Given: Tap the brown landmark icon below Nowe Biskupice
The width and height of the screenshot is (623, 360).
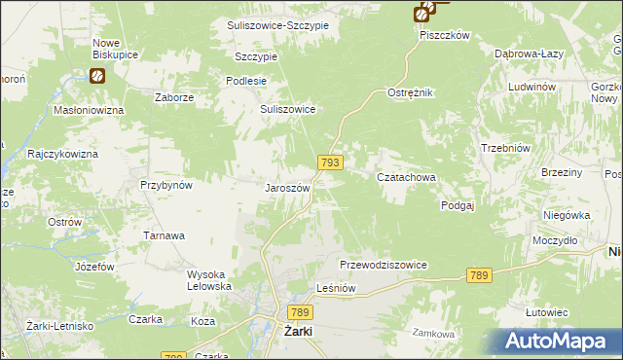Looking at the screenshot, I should coord(97,75).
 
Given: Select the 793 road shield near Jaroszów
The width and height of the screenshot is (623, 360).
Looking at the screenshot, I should coord(329,162).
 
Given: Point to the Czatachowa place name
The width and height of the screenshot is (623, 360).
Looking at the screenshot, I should coord(406,178).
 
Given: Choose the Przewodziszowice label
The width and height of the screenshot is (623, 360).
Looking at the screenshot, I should coord(384,265).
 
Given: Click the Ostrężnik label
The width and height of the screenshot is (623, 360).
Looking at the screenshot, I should coord(410,92).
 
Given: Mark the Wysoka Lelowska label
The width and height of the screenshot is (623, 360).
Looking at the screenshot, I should coord(209,280).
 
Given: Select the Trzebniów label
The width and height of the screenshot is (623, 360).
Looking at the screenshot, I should coord(504,148).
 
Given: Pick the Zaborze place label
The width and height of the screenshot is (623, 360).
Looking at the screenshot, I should coord(175,98).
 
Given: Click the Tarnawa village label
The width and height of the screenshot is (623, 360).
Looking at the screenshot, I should coord(165,235).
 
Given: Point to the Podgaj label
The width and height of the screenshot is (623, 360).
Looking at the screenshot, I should coord(457,205).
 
